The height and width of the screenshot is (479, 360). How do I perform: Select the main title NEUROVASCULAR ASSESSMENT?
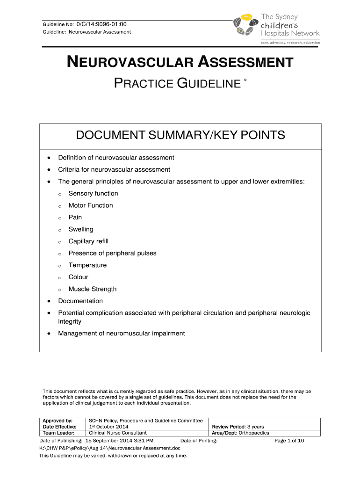(x=180, y=62)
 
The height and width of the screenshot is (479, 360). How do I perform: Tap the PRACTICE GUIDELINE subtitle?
(x=177, y=84)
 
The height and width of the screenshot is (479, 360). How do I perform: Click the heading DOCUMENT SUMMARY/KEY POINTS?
(x=180, y=136)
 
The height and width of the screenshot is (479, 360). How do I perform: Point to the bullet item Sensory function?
(x=93, y=194)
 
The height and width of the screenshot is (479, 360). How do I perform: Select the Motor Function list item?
(x=90, y=205)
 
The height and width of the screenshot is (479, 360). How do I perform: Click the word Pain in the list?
(x=75, y=218)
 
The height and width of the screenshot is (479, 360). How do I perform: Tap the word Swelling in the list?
(x=80, y=229)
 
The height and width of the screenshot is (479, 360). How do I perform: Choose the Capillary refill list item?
(x=88, y=241)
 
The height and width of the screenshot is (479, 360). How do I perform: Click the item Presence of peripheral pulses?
(x=112, y=253)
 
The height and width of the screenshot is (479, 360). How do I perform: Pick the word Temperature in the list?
(x=87, y=265)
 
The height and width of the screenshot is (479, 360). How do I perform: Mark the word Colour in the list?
(x=78, y=277)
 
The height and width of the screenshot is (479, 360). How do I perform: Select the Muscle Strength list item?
(x=92, y=289)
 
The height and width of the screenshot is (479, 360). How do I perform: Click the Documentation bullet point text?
(x=80, y=301)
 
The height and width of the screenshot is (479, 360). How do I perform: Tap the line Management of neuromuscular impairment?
(x=121, y=334)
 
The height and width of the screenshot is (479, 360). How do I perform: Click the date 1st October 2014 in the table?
(x=108, y=427)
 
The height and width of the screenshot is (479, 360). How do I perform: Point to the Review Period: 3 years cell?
(x=238, y=427)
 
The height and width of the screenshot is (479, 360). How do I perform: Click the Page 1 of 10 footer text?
(x=289, y=441)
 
